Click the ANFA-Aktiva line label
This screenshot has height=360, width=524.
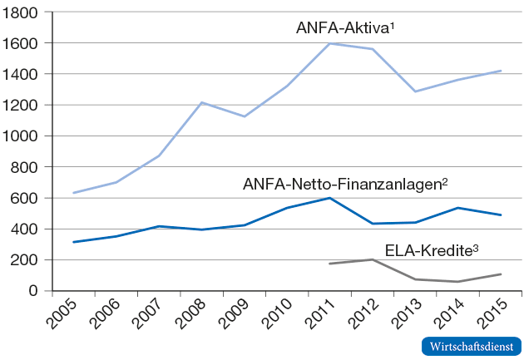[344, 27]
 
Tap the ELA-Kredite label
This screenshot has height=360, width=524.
[432, 249]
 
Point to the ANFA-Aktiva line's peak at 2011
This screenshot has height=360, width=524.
[330, 43]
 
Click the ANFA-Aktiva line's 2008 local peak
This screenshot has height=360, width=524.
[202, 102]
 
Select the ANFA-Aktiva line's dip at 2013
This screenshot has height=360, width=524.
[416, 91]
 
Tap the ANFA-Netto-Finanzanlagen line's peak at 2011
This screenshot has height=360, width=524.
[330, 198]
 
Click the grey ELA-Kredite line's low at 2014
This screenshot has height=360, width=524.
[458, 282]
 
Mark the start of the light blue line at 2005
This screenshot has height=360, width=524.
[74, 193]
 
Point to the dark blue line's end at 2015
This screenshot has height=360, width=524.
[502, 215]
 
